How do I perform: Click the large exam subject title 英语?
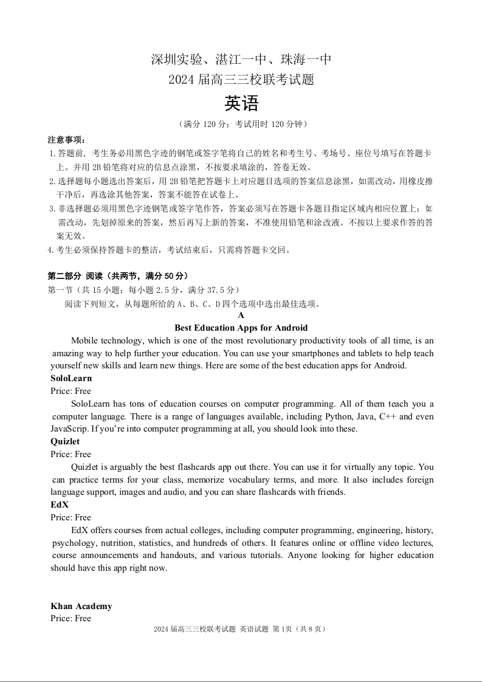pyautogui.click(x=241, y=104)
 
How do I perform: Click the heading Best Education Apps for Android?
pyautogui.click(x=241, y=328)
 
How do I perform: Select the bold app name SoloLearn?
pyautogui.click(x=71, y=378)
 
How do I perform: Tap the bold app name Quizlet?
pyautogui.click(x=65, y=441)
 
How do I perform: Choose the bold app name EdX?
pyautogui.click(x=60, y=505)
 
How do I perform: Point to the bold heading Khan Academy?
pyautogui.click(x=81, y=606)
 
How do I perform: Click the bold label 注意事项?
pyautogui.click(x=67, y=140)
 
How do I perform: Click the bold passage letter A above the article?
pyautogui.click(x=241, y=315)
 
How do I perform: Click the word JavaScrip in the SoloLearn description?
pyautogui.click(x=69, y=429)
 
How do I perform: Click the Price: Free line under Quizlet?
pyautogui.click(x=71, y=454)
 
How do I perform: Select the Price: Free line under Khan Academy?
pyautogui.click(x=71, y=618)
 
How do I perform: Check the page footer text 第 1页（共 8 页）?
pyautogui.click(x=302, y=629)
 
